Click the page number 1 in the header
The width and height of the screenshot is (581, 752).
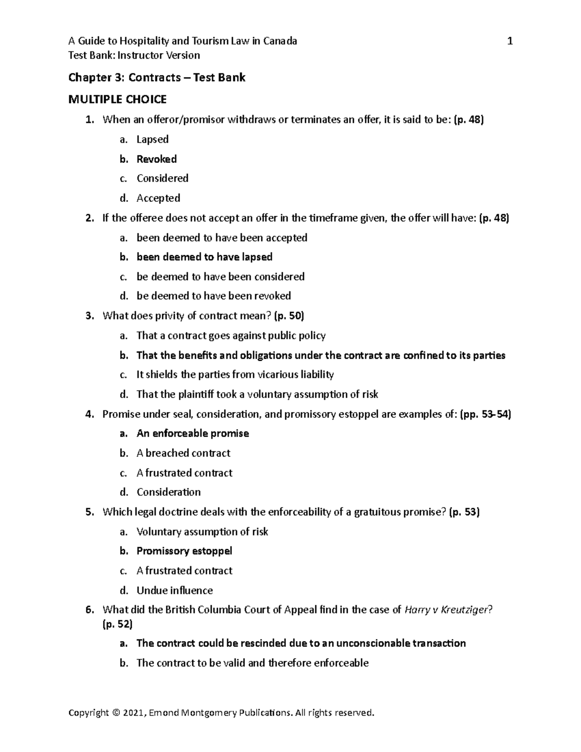click(509, 41)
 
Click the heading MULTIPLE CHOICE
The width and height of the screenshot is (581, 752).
click(117, 100)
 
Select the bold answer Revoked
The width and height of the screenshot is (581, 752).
click(156, 159)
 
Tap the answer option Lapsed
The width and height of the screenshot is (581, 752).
click(153, 139)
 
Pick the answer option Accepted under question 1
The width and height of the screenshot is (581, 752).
click(158, 198)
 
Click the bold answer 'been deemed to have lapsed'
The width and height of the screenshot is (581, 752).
click(204, 257)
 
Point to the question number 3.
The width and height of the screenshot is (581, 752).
click(89, 316)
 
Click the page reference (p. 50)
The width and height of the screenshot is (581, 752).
click(289, 316)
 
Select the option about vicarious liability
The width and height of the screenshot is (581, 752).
click(235, 374)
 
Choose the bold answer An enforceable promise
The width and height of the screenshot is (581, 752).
click(193, 433)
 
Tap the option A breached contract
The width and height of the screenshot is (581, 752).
click(183, 453)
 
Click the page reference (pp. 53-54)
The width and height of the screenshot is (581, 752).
click(485, 414)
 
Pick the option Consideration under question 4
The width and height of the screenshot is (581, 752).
click(168, 492)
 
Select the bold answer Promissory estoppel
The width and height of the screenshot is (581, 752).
click(184, 551)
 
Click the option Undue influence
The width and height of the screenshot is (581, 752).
click(174, 590)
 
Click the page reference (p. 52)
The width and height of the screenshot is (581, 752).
click(117, 624)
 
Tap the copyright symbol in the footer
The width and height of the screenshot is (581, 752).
click(115, 713)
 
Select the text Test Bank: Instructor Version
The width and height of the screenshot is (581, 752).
click(134, 55)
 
